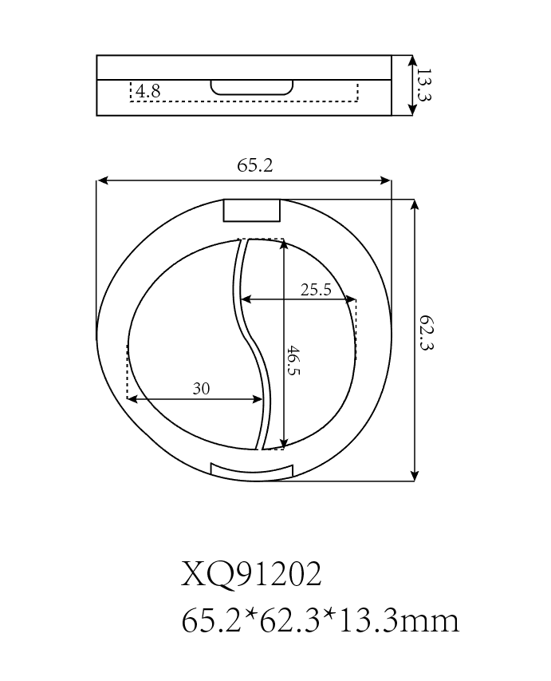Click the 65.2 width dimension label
[x=254, y=165]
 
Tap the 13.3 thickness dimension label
[x=423, y=85]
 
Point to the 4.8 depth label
[x=148, y=92]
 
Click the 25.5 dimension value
[x=316, y=290]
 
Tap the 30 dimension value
[x=201, y=389]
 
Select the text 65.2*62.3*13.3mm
[x=321, y=620]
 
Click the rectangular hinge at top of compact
[x=251, y=210]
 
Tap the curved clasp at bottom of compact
[x=251, y=471]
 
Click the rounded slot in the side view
[x=251, y=87]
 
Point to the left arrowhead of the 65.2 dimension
[x=101, y=181]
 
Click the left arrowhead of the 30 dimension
[x=132, y=398]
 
